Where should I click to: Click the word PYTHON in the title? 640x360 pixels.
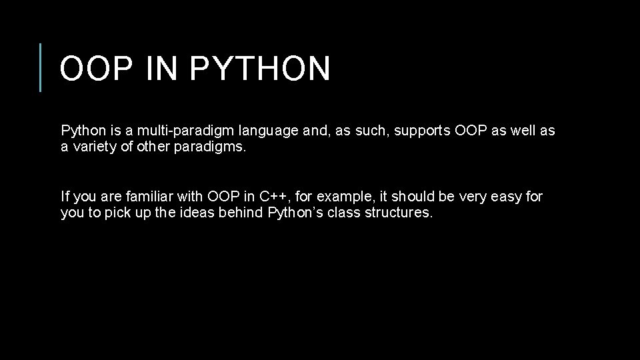[x=260, y=69]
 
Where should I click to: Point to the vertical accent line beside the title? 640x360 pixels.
[x=41, y=67]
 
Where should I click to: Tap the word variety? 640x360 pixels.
[x=95, y=147]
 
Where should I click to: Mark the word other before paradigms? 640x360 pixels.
[x=156, y=147]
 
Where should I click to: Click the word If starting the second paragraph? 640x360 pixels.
[x=65, y=197]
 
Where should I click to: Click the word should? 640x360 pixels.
[x=413, y=197]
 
